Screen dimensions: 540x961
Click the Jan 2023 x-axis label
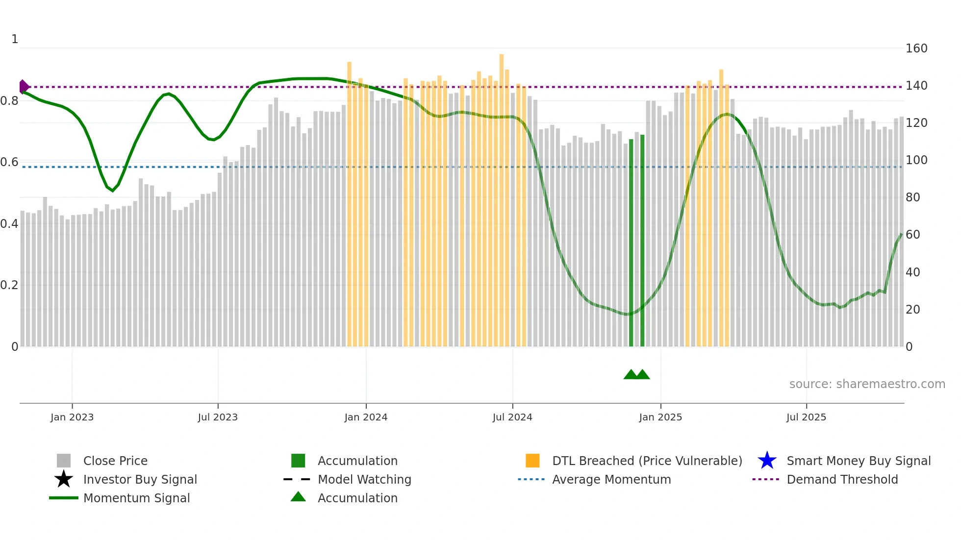click(72, 417)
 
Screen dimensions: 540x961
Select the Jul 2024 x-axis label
click(512, 417)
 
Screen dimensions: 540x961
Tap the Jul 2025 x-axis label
click(806, 417)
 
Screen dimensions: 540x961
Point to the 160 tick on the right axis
click(916, 49)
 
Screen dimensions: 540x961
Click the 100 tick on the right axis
click(916, 160)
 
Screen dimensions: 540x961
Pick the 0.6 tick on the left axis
click(9, 162)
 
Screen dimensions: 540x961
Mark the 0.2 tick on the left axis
click(9, 285)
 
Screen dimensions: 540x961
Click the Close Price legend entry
click(115, 461)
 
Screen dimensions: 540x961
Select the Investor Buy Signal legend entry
click(140, 479)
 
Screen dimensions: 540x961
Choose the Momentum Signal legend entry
click(136, 498)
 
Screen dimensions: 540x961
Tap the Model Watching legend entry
click(364, 479)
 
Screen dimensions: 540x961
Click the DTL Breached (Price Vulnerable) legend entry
click(647, 461)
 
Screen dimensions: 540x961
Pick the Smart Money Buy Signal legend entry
click(859, 461)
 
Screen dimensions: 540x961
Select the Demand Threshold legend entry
click(842, 479)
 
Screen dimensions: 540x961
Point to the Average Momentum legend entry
click(611, 479)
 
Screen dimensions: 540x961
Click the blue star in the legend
click(767, 461)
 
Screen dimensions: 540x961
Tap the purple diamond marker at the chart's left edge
click(24, 87)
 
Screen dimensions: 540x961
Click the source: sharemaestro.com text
click(867, 384)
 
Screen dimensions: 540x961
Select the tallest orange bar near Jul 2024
click(502, 196)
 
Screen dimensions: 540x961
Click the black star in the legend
click(64, 479)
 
